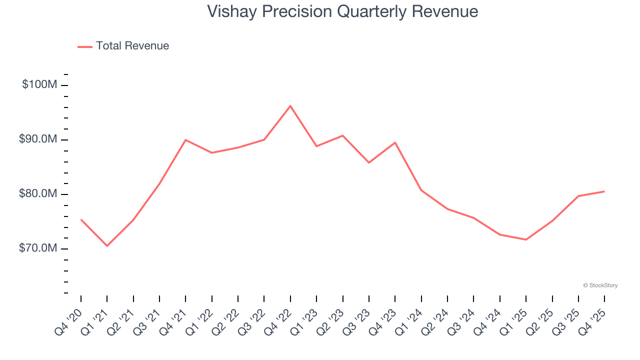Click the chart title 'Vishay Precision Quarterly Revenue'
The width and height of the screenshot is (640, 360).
click(342, 11)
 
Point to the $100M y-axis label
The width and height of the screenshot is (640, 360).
click(39, 85)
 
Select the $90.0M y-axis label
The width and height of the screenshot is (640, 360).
click(38, 139)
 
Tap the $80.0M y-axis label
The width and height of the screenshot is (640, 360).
click(38, 194)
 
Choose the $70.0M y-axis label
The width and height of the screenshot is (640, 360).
click(38, 248)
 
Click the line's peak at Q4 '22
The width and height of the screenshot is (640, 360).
click(290, 106)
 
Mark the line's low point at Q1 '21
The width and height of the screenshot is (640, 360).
click(107, 245)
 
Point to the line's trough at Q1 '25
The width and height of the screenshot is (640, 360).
click(526, 239)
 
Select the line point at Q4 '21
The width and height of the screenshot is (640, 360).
click(185, 140)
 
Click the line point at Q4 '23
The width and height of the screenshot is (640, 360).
click(395, 142)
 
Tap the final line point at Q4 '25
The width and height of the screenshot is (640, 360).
click(604, 191)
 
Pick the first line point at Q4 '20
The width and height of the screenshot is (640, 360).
click(81, 219)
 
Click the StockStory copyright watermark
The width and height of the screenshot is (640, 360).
click(600, 285)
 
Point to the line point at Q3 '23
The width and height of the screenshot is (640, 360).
click(369, 162)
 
